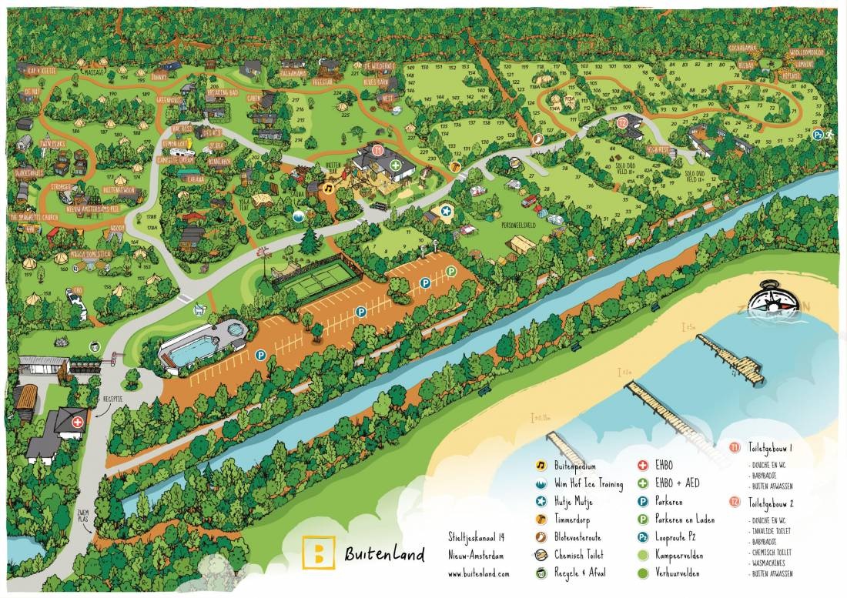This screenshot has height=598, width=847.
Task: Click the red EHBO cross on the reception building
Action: tap(77, 423)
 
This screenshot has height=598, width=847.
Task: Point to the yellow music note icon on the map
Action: tap(327, 187)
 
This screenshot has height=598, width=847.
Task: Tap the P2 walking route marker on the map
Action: tap(817, 135)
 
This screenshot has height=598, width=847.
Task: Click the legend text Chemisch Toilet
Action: tap(578, 554)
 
